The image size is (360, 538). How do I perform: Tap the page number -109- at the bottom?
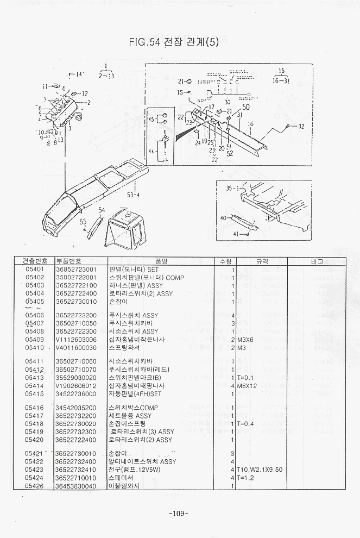[179, 514]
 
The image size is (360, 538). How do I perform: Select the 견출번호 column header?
[36, 261]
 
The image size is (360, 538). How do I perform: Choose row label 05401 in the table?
[35, 269]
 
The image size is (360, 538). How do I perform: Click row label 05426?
[35, 486]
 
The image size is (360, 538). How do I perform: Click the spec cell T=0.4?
[246, 423]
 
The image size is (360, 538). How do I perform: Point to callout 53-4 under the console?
[132, 195]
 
